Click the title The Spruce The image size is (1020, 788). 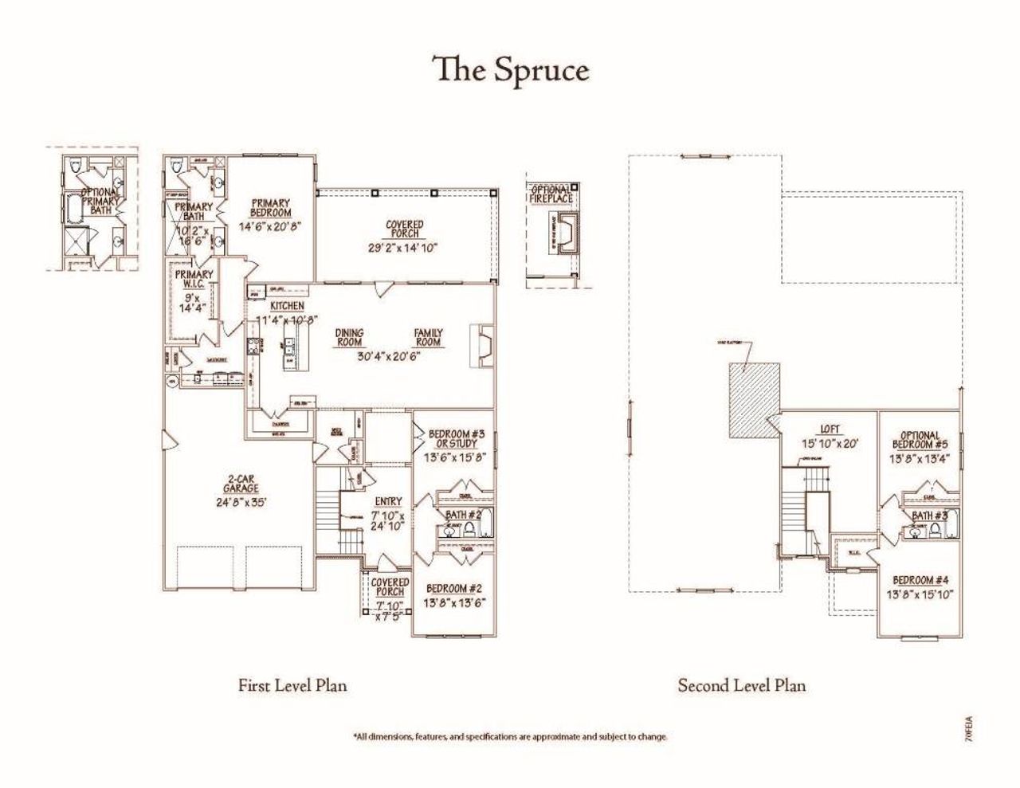(510, 69)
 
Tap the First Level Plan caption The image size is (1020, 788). (292, 685)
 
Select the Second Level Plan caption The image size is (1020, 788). (741, 685)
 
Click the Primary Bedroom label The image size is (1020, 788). (270, 208)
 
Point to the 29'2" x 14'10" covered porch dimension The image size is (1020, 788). (405, 248)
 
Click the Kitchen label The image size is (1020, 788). (287, 306)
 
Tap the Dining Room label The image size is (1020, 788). (349, 338)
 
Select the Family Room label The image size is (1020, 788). (428, 338)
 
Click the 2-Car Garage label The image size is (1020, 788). (240, 484)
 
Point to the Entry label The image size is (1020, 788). (389, 502)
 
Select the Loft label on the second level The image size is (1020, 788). (830, 429)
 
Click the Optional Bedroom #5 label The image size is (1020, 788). (920, 441)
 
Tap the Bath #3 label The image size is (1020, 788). (929, 516)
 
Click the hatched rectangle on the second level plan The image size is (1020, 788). (754, 400)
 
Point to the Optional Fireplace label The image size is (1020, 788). (551, 194)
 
